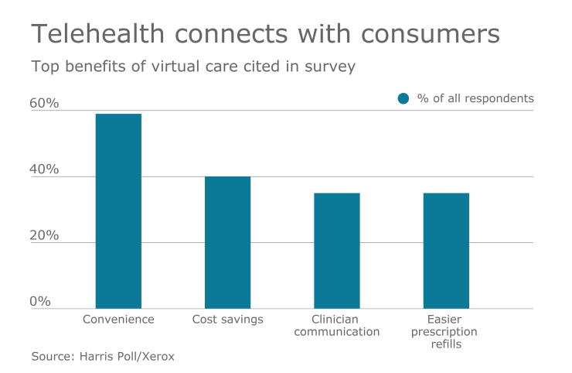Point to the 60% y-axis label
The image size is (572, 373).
pos(45,103)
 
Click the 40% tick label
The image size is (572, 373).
pos(45,169)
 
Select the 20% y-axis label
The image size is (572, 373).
pos(45,235)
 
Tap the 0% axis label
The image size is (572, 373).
pos(40,301)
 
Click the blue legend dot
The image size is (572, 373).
pos(403,98)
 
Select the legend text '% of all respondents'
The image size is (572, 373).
pos(475,98)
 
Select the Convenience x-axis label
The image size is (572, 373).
pos(118,319)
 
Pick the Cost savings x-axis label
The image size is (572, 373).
pos(227,319)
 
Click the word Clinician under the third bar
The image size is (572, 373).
pos(336,319)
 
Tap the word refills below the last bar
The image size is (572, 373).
pos(445,344)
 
